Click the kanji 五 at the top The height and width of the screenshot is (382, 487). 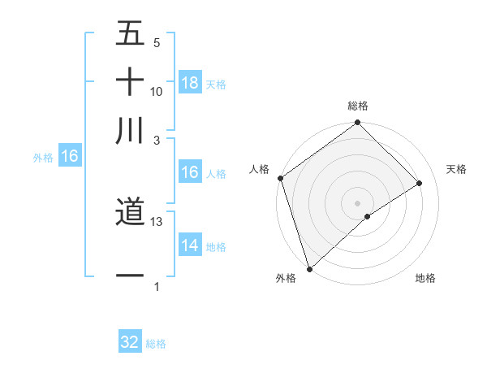130,33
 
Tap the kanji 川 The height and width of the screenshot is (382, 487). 130,131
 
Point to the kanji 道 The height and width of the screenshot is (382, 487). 130,214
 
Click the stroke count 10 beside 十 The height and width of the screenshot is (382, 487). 157,91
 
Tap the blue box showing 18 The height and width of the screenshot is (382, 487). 190,83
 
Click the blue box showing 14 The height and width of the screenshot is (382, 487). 190,245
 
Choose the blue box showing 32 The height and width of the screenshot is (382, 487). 130,342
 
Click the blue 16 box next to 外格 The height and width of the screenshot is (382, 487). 70,157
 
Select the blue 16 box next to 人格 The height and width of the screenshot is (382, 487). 190,172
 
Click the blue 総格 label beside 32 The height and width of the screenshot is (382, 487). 156,344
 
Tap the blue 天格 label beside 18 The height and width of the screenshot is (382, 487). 216,85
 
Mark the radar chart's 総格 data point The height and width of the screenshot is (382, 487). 357,124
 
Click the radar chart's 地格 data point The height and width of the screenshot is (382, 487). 368,216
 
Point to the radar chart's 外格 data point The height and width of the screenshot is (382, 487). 308,268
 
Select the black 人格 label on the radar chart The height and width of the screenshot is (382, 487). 259,169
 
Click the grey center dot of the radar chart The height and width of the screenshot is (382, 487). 357,202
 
